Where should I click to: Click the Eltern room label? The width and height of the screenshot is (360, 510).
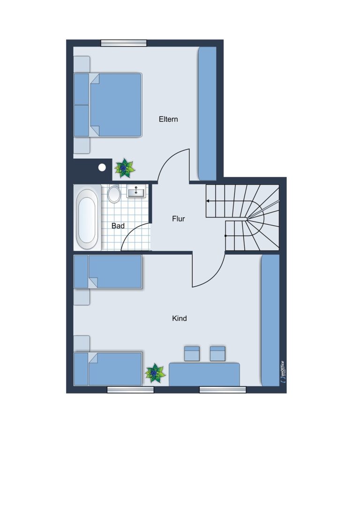(x=168, y=119)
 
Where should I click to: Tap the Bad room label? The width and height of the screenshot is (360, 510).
(x=118, y=226)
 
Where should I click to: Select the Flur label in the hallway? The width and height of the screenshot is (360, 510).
(x=179, y=219)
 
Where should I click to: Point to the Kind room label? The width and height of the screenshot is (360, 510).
(x=180, y=319)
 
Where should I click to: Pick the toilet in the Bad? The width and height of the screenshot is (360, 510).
(x=114, y=194)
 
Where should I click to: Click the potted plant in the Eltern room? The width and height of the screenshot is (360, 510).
(x=124, y=168)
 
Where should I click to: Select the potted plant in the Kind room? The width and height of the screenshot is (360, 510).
(x=155, y=374)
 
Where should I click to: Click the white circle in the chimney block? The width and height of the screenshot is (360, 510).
(x=102, y=167)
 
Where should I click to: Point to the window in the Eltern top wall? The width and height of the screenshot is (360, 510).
(x=123, y=43)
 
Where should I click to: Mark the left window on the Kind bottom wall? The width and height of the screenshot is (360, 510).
(x=130, y=390)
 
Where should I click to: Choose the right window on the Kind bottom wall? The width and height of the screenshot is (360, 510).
(x=223, y=390)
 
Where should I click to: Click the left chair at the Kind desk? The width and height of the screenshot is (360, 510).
(x=192, y=354)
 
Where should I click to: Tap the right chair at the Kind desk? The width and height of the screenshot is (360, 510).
(x=217, y=354)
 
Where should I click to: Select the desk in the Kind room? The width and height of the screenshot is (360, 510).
(x=204, y=374)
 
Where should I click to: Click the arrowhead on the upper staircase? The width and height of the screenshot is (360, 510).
(x=208, y=201)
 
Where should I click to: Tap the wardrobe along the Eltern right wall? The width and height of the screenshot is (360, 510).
(x=207, y=114)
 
